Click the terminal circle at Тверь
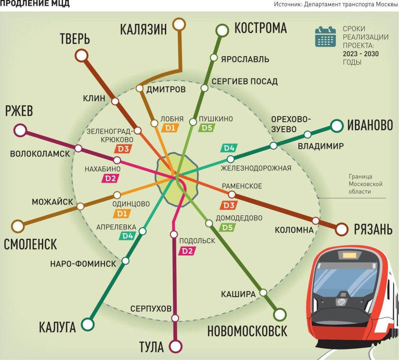82,56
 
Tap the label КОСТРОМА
260,28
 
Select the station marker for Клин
114,101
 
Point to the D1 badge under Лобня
170,127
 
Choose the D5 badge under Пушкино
206,127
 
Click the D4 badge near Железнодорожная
229,148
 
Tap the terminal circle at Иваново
337,126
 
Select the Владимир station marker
307,134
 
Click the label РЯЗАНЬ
373,230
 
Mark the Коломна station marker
316,220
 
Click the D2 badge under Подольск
187,251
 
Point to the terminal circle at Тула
176,345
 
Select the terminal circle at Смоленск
18,226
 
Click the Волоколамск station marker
78,148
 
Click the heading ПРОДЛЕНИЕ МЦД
35,4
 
